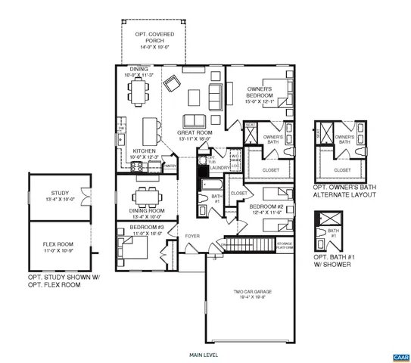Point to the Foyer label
pos(192,236)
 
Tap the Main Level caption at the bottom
pos(204,353)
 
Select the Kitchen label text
pos(145,151)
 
